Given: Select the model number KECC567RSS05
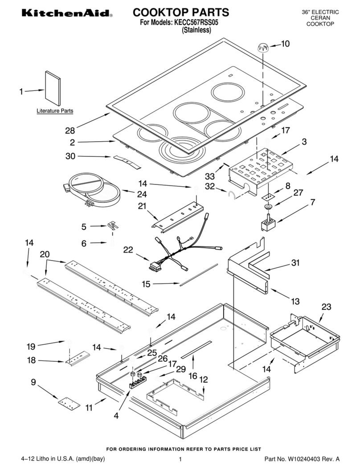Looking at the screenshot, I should pyautogui.click(x=196, y=22).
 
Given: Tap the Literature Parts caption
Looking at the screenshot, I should pyautogui.click(x=54, y=110).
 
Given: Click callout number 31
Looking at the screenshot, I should pyautogui.click(x=295, y=263).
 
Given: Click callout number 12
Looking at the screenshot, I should pyautogui.click(x=204, y=380).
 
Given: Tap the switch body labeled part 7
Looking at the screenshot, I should pyautogui.click(x=268, y=224).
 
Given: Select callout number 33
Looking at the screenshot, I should pyautogui.click(x=210, y=176).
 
